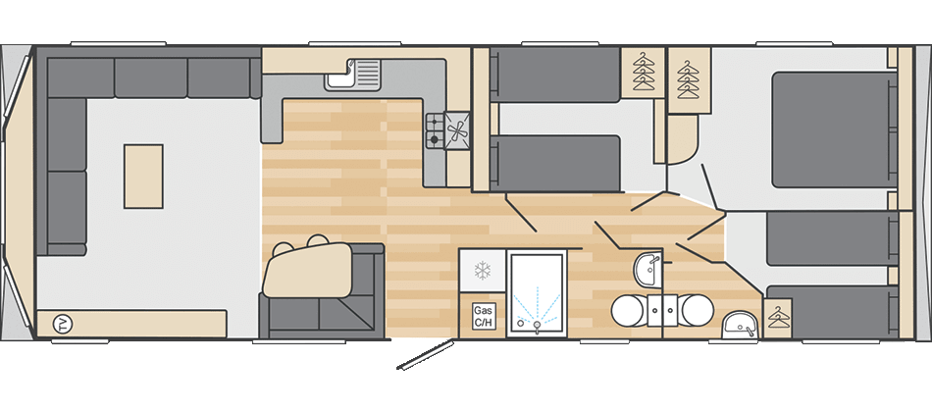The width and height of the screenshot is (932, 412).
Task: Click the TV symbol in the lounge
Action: pos(61,325)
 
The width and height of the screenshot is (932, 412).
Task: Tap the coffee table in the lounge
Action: pos(143,176)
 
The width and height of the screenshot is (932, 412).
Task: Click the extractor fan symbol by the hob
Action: pos(457,132)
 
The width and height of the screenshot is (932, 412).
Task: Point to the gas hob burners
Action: pos(435,131)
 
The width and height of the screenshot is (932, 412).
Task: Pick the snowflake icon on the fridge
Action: pos(482,271)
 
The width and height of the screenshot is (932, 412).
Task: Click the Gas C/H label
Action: pos(481,316)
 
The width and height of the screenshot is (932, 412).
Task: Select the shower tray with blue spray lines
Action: pos(536,295)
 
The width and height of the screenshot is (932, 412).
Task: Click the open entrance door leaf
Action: pos(426,355)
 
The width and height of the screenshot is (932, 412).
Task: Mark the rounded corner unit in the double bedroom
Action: pos(683,139)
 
